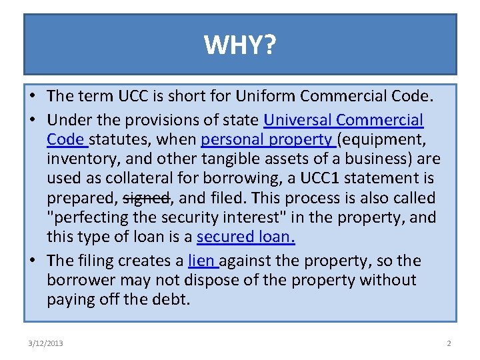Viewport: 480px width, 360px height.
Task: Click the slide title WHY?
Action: tap(240, 45)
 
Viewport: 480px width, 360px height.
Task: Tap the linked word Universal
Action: tap(297, 121)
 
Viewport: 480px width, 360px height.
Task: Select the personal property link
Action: tap(267, 140)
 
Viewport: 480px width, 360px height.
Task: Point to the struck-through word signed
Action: tap(147, 198)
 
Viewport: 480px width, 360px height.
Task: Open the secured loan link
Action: tap(245, 237)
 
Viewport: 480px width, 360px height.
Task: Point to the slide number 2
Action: tap(449, 343)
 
